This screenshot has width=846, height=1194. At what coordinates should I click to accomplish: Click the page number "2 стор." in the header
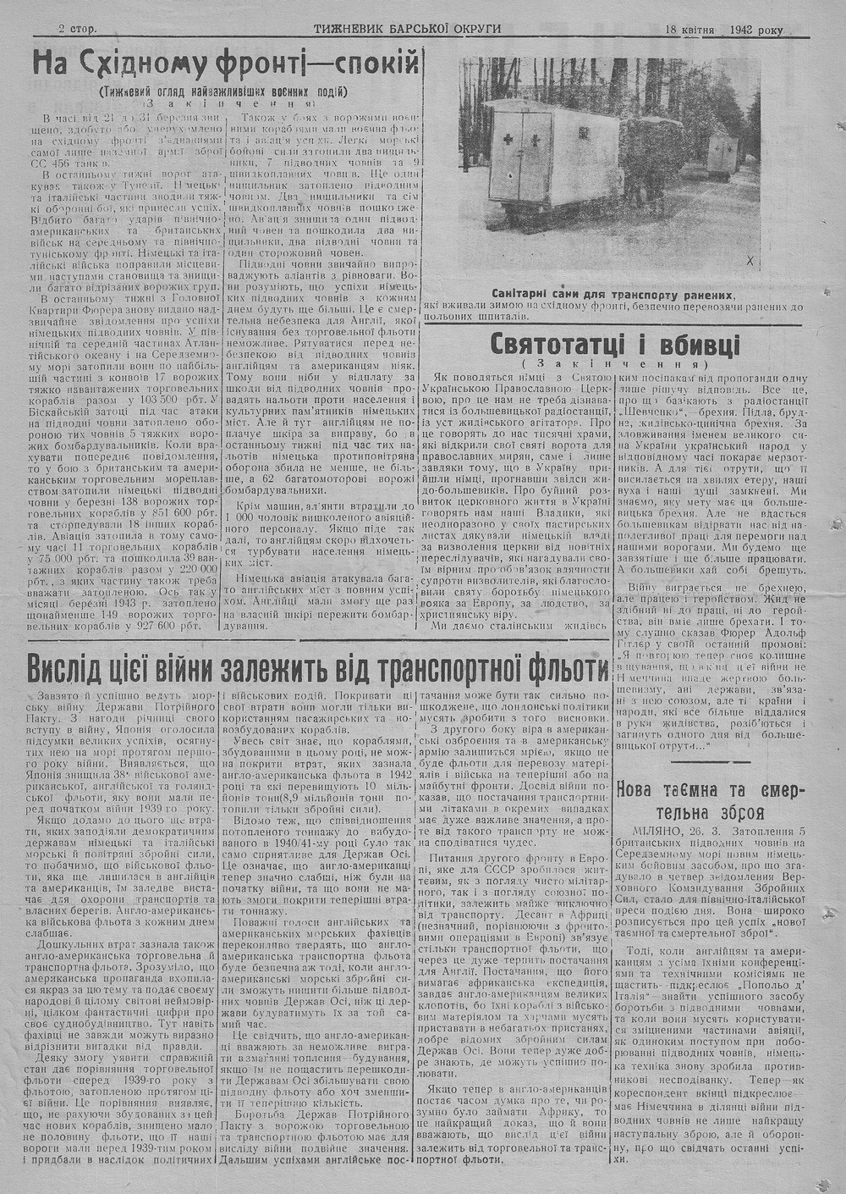(x=78, y=28)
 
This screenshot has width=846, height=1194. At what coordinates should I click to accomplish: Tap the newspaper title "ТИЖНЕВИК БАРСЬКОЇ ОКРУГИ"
(x=408, y=28)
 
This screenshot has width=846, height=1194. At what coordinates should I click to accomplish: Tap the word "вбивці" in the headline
(x=703, y=345)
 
